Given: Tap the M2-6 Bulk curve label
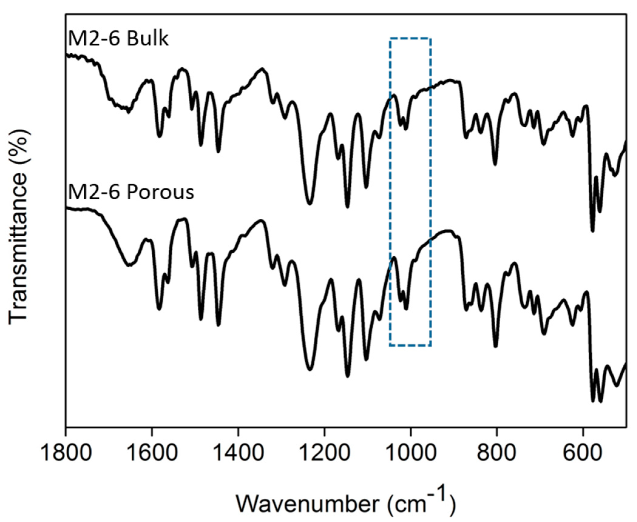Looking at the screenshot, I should [118, 39].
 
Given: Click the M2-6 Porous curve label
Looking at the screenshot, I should [131, 192].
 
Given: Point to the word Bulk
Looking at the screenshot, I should [147, 39].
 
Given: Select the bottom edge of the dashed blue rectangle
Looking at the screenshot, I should [410, 345].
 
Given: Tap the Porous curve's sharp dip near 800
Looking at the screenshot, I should [496, 346].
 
